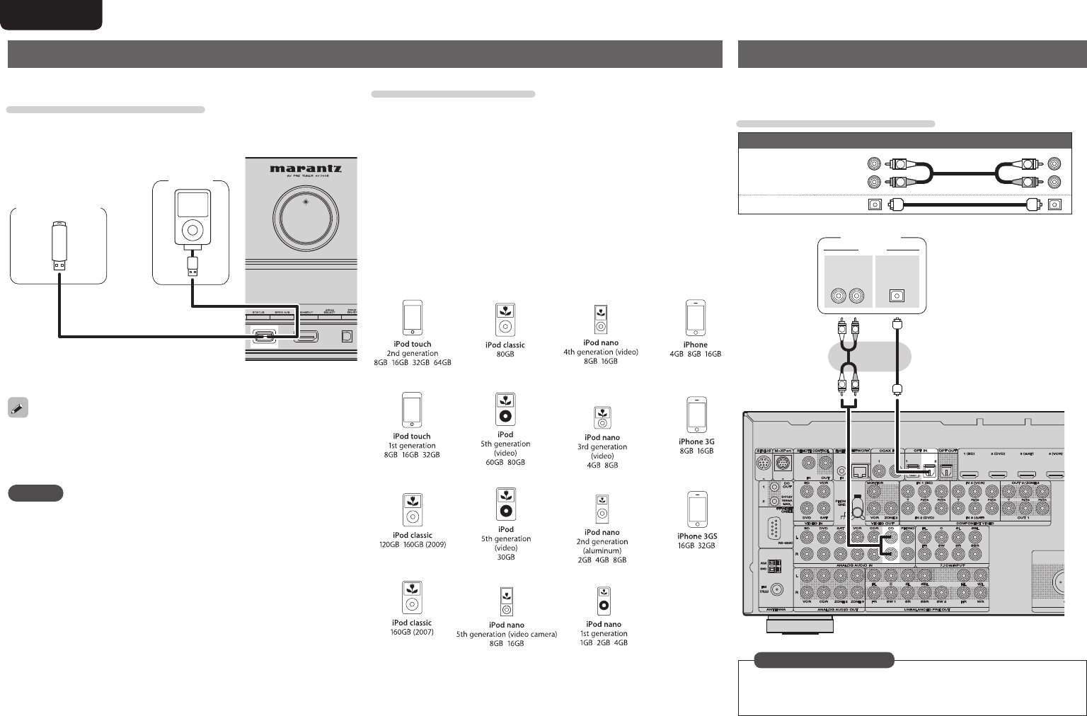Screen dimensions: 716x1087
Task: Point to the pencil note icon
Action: coord(18,408)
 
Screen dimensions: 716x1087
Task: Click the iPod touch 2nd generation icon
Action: coord(413,318)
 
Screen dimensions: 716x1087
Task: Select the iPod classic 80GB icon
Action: coord(505,321)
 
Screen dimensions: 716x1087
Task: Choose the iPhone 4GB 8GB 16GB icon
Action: coord(696,318)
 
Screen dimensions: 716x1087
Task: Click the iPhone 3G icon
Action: coord(696,415)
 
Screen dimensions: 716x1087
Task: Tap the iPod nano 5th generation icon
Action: coord(507,602)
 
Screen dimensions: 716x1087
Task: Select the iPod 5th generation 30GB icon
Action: coord(505,504)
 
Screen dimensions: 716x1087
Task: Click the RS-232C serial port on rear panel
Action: coord(771,529)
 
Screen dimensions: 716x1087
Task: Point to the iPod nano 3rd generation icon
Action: coord(602,417)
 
